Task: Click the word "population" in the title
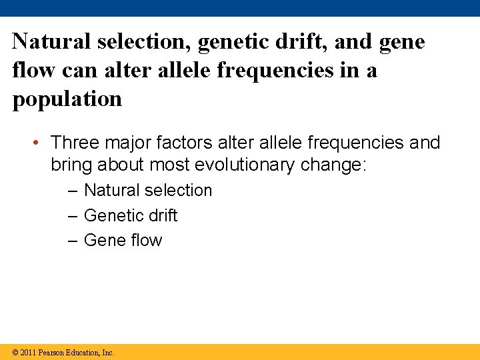(67, 99)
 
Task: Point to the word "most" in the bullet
(170, 164)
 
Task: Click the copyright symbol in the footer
(15, 353)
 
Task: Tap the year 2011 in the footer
(29, 353)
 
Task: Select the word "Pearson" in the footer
(52, 353)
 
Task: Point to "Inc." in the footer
(107, 353)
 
